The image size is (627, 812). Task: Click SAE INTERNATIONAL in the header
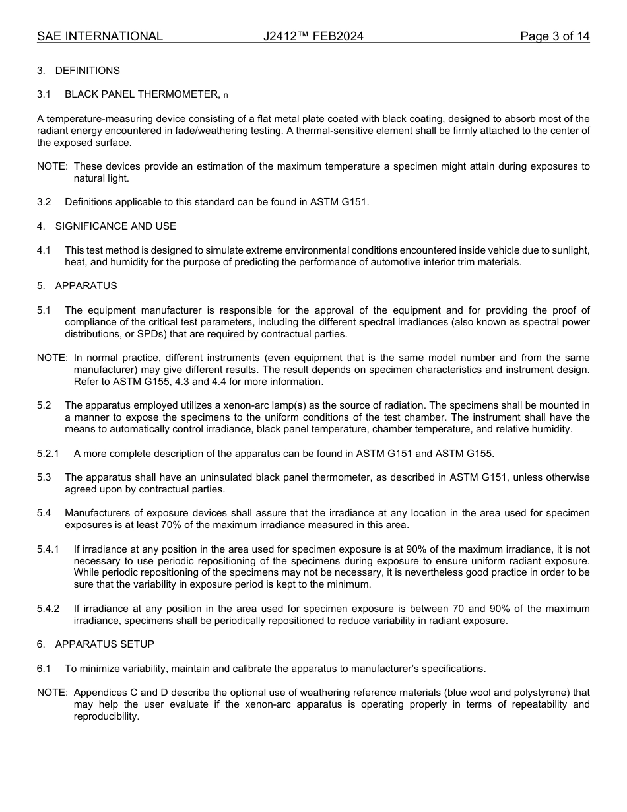[x=100, y=36]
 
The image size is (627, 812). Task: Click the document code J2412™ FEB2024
[x=313, y=36]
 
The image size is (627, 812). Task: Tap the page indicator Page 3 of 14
[x=554, y=36]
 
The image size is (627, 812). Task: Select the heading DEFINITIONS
[x=87, y=71]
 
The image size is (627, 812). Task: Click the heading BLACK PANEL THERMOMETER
[x=142, y=94]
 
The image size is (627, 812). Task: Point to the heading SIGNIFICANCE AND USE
[x=115, y=226]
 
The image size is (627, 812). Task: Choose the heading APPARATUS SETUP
[x=104, y=644]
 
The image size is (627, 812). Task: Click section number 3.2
[x=44, y=202]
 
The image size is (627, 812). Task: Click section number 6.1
[x=44, y=669]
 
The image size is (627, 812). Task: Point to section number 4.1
[x=44, y=250]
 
